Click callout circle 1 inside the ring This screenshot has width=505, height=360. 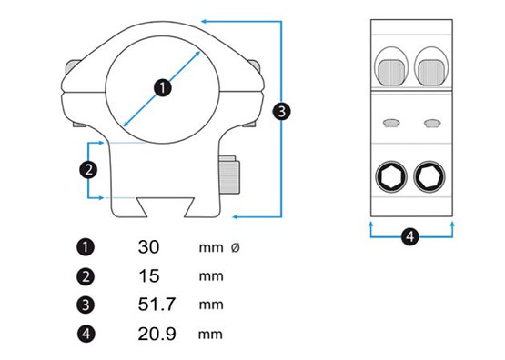click(163, 87)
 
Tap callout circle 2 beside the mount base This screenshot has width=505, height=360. click(88, 170)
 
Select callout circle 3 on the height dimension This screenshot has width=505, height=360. click(281, 112)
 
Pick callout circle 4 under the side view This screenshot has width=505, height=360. click(410, 236)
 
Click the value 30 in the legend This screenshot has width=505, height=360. click(148, 247)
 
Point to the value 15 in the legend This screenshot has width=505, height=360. click(149, 276)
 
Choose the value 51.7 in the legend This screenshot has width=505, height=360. click(157, 304)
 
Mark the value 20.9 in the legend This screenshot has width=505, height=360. click(157, 334)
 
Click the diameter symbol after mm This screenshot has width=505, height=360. click(236, 247)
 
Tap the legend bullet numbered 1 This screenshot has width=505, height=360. click(86, 247)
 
